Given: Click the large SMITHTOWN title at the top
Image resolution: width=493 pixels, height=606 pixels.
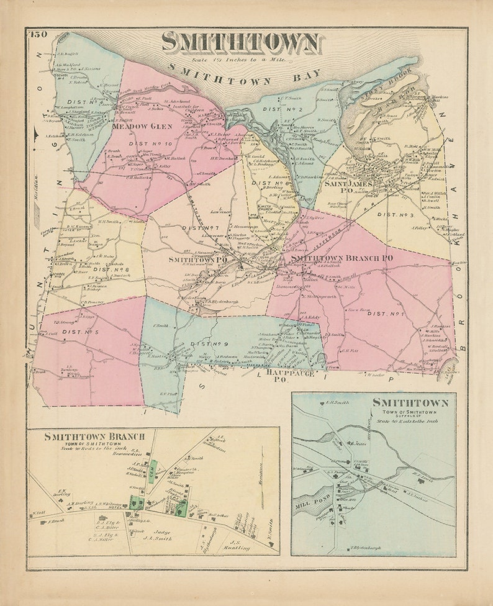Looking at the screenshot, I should pyautogui.click(x=241, y=42).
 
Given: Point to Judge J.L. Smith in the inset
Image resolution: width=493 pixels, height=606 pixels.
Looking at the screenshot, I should pyautogui.click(x=160, y=536).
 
